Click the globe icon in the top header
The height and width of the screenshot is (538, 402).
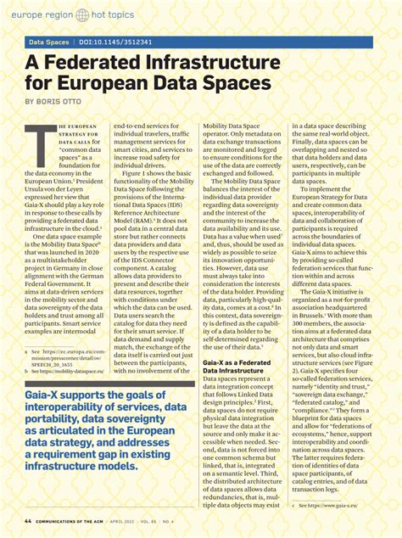(x=82, y=15)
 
